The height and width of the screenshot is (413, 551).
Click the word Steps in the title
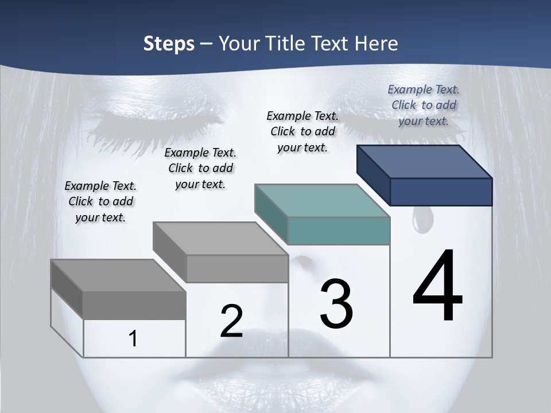click(x=169, y=44)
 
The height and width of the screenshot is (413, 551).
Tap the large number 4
click(x=437, y=286)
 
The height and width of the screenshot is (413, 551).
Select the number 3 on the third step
click(x=336, y=304)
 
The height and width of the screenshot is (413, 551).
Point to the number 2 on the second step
click(x=231, y=321)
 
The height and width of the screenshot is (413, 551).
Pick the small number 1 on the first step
click(x=133, y=338)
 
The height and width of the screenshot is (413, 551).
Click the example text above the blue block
click(x=424, y=106)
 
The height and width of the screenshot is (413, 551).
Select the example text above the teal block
click(x=302, y=131)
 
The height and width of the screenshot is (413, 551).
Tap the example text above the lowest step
click(x=100, y=201)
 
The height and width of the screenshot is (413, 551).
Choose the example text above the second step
click(x=200, y=168)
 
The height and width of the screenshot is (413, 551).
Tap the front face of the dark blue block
click(x=441, y=192)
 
